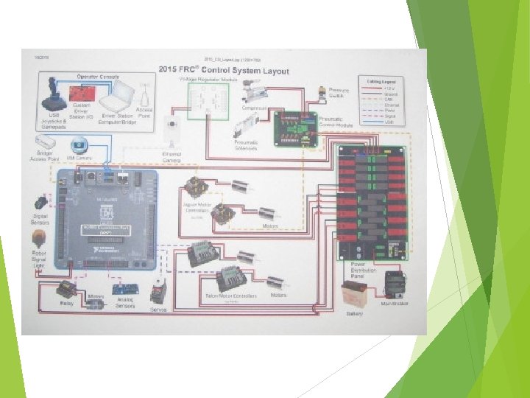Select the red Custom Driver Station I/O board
(x=79, y=94)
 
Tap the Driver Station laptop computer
(x=116, y=95)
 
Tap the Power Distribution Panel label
(x=364, y=270)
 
